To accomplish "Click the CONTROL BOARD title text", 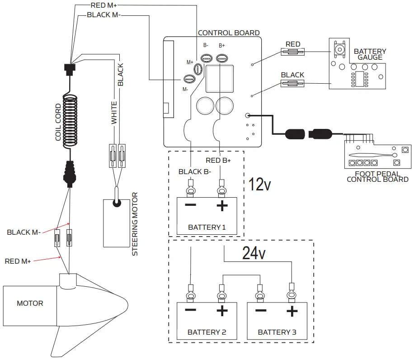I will (x=229, y=33).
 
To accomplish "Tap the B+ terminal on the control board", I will (x=221, y=58).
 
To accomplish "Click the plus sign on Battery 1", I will (x=221, y=206).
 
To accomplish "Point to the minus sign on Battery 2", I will (x=190, y=311).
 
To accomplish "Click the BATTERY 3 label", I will (x=277, y=332).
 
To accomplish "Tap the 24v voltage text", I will (x=254, y=253).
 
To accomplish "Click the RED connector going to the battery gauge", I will (x=293, y=52).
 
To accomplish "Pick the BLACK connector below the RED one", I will (x=292, y=83).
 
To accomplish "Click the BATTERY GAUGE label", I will (x=370, y=54).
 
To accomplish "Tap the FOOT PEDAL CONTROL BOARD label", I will (x=377, y=176).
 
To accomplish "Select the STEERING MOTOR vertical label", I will (x=135, y=224).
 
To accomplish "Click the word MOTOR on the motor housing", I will (x=30, y=303).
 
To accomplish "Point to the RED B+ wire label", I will (x=218, y=160).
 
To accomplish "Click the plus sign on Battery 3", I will (x=292, y=311).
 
